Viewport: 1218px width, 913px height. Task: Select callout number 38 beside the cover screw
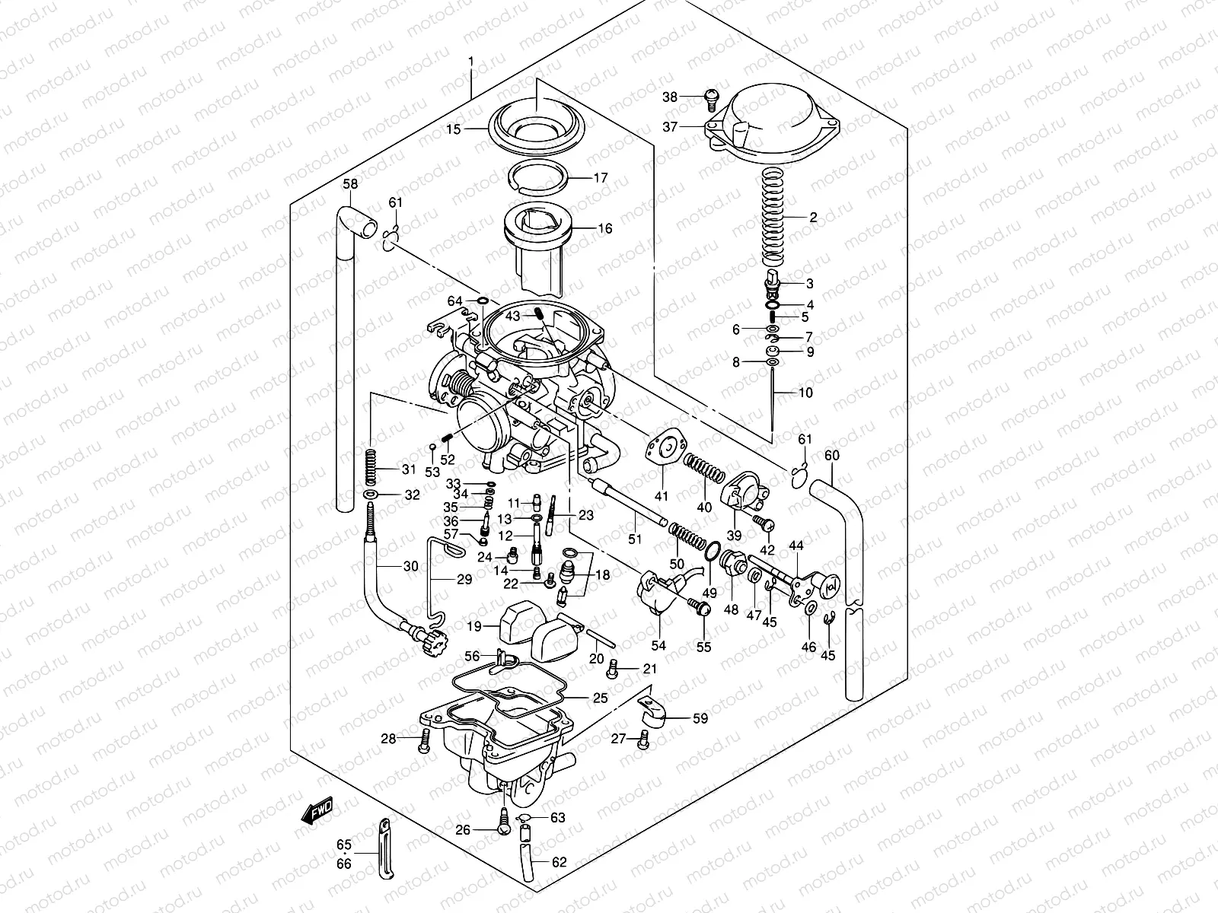click(x=669, y=97)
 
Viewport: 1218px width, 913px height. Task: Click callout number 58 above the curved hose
click(x=349, y=184)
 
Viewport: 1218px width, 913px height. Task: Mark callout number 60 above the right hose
click(x=832, y=456)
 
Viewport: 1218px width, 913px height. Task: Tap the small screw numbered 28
click(x=424, y=737)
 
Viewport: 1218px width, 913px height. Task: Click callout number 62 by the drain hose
click(x=559, y=863)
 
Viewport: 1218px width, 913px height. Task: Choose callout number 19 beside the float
click(x=474, y=627)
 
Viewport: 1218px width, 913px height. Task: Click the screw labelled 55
click(x=700, y=608)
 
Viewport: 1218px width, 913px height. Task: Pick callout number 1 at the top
click(x=471, y=60)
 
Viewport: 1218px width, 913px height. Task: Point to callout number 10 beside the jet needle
click(x=805, y=393)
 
